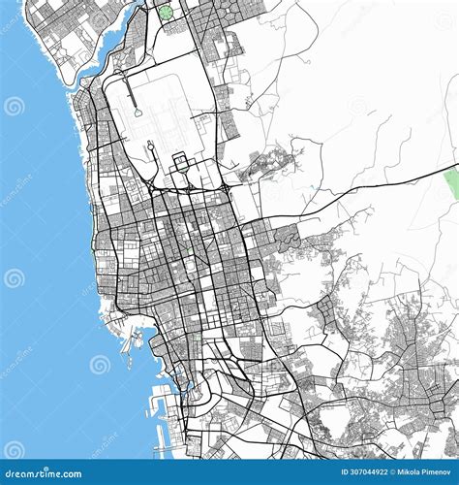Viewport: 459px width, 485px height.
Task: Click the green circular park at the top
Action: tap(166, 13)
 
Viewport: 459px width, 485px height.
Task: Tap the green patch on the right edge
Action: tap(452, 183)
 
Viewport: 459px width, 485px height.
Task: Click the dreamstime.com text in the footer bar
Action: tap(46, 474)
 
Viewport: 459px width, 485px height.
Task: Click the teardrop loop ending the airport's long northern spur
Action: tap(138, 113)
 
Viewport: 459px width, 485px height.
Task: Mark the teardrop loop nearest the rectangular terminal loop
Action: tap(153, 147)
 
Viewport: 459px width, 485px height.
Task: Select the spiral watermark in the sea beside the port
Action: tap(101, 364)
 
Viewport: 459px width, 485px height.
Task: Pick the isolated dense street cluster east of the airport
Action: tap(261, 165)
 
